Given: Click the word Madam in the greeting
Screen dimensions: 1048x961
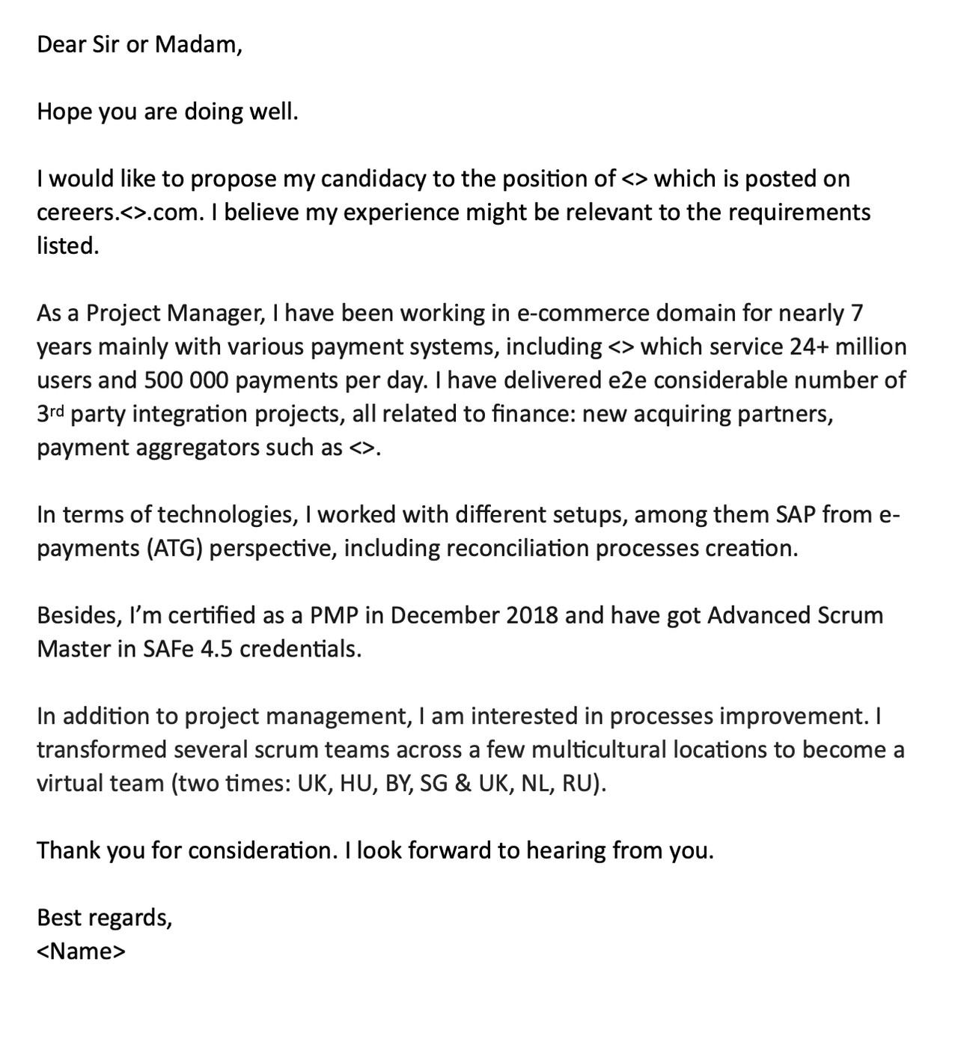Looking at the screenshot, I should [198, 45].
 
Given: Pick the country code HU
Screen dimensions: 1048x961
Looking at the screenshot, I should [357, 784].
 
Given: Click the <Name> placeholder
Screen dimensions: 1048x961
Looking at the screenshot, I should [82, 951].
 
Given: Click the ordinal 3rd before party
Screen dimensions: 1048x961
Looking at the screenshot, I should [51, 413].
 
